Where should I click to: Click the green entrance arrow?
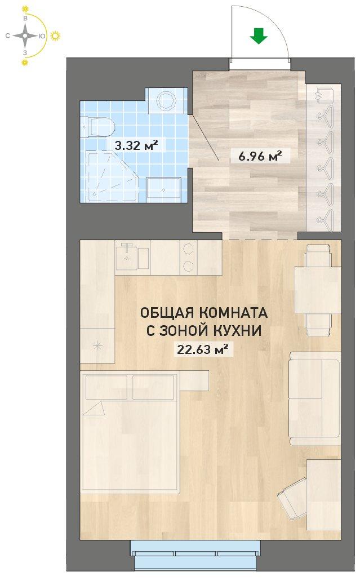(259, 37)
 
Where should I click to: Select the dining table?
(318, 290)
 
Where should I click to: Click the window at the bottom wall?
(195, 554)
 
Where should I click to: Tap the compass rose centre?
(25, 36)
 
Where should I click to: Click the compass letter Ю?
(42, 36)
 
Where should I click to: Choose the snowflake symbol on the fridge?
(97, 345)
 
